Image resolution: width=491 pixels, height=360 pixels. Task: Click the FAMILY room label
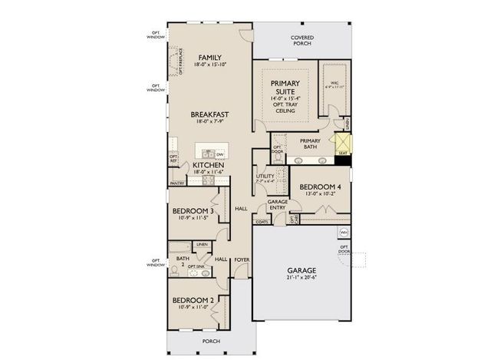point(209,58)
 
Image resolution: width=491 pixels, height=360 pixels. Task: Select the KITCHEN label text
point(208,165)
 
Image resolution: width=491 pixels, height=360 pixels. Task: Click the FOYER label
point(242,259)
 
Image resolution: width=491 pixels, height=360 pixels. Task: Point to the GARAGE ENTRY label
point(277,204)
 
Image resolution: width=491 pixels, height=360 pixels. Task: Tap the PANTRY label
point(177,183)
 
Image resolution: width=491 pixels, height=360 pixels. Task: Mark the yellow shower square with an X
point(342,142)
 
